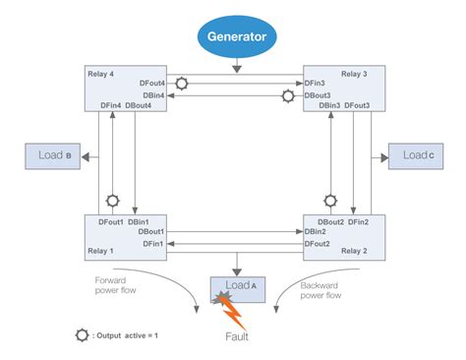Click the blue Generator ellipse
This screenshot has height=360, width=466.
coord(237,37)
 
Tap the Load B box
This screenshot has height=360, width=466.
coord(53,155)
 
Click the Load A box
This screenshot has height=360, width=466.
coord(236,287)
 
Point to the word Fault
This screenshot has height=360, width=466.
coord(237,335)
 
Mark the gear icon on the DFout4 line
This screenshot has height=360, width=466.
coord(183,85)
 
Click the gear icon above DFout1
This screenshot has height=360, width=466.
coord(112,200)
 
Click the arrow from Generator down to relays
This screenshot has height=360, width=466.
coord(237,64)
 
